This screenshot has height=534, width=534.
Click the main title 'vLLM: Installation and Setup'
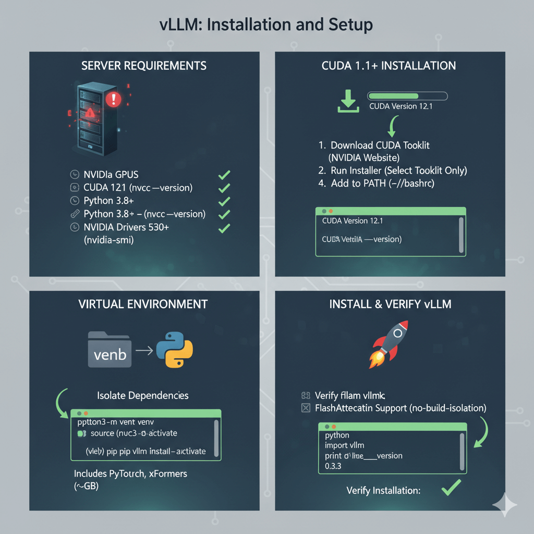click(266, 25)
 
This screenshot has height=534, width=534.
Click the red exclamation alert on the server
click(113, 99)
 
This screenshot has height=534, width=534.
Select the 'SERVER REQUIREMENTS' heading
click(144, 66)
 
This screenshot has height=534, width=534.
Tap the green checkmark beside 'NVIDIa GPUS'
click(224, 175)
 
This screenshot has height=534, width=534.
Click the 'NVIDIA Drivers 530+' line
click(126, 227)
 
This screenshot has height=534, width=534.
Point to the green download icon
click(348, 101)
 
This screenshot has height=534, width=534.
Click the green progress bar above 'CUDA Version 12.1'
click(407, 96)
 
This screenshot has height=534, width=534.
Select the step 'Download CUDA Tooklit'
click(380, 145)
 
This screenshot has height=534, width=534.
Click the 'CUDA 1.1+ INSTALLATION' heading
click(389, 66)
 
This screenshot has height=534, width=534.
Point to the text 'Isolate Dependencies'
click(143, 396)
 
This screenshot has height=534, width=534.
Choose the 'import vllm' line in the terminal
click(345, 445)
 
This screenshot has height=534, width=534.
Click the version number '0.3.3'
click(333, 466)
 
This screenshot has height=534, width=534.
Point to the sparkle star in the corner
click(504, 505)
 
